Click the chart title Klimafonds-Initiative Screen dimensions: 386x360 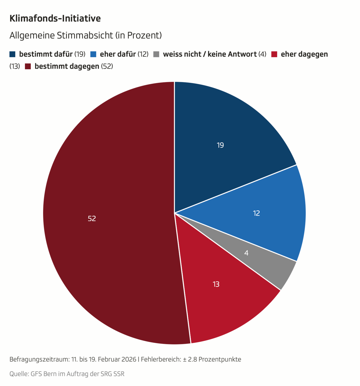point(55,19)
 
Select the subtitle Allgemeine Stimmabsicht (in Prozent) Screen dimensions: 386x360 point(86,35)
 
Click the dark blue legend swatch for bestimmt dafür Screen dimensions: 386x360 point(13,54)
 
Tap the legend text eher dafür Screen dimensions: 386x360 point(118,54)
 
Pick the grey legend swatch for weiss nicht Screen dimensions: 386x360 point(156,54)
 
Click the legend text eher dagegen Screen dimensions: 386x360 point(304,54)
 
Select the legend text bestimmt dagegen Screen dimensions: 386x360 point(67,66)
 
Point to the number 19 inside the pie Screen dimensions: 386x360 point(220,145)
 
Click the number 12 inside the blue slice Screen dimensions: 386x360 point(256,213)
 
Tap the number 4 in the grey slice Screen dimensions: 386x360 point(246,253)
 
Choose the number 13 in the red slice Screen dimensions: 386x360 point(216,284)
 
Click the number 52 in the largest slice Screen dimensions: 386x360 point(92,219)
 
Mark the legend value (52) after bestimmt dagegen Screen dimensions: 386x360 point(107,66)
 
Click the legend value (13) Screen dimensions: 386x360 point(15,66)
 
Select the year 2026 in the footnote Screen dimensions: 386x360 point(129,359)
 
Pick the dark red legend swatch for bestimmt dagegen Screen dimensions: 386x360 point(28,66)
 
